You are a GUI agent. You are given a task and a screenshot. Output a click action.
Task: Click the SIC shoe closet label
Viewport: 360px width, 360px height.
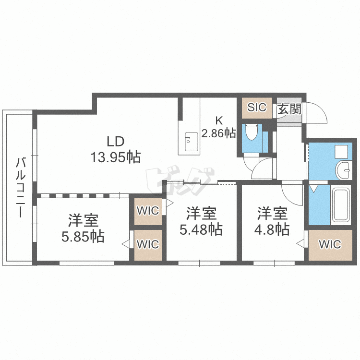tap(257, 107)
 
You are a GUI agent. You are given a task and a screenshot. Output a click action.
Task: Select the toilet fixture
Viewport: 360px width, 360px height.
tap(252, 132)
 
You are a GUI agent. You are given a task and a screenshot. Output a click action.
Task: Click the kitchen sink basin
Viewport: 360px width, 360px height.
tap(191, 142)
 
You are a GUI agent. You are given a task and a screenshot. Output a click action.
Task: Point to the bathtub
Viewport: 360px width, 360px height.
tap(341, 205)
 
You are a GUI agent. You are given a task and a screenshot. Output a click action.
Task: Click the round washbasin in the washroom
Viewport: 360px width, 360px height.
tap(344, 170)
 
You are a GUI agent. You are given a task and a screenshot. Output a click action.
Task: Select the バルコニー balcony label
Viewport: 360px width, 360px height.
tap(20, 187)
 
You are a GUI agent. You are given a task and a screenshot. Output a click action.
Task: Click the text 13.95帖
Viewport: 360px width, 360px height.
tap(116, 157)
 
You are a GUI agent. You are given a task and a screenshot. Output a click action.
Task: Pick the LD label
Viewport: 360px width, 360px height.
tap(116, 142)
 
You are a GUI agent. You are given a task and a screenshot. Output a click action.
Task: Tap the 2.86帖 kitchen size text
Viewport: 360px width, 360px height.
tap(218, 132)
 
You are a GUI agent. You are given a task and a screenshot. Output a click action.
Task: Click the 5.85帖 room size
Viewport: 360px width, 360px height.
tap(83, 237)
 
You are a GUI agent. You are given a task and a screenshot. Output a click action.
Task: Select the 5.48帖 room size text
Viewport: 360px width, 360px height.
tap(201, 229)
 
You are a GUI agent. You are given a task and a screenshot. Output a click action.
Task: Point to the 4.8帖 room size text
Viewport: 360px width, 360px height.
tap(272, 229)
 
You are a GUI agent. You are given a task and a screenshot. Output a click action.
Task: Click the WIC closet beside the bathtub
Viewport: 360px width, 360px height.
tap(330, 244)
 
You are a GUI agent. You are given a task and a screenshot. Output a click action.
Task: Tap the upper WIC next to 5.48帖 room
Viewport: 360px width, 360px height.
tap(148, 210)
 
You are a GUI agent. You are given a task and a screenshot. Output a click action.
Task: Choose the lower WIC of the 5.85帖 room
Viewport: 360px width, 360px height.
tap(148, 244)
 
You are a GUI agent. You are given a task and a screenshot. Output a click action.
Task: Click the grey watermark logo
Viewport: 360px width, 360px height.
tap(180, 180)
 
